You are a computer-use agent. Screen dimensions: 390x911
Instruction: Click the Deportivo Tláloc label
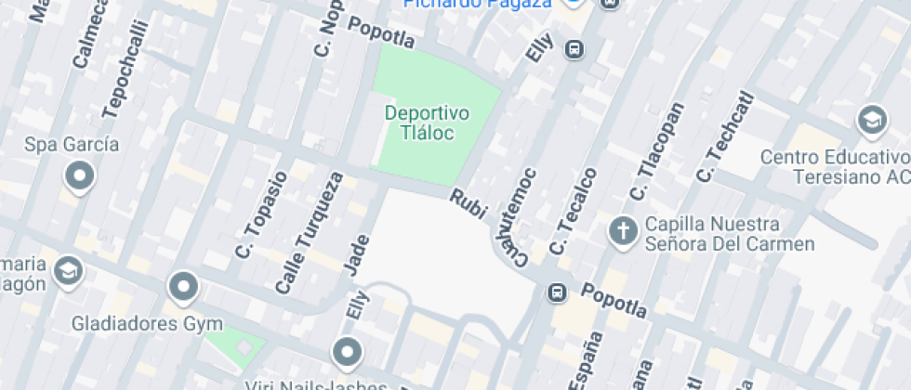coord(428,123)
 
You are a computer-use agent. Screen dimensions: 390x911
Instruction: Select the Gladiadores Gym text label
coord(149,324)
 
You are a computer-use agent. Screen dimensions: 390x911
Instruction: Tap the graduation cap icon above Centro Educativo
coord(871,120)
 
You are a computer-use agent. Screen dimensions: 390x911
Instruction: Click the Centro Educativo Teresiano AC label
coord(834,165)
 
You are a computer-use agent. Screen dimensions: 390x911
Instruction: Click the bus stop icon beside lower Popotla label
coord(557,292)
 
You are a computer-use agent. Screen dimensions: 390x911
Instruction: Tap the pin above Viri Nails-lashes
coord(347,352)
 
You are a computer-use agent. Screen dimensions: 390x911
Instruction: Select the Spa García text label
coord(72,145)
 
